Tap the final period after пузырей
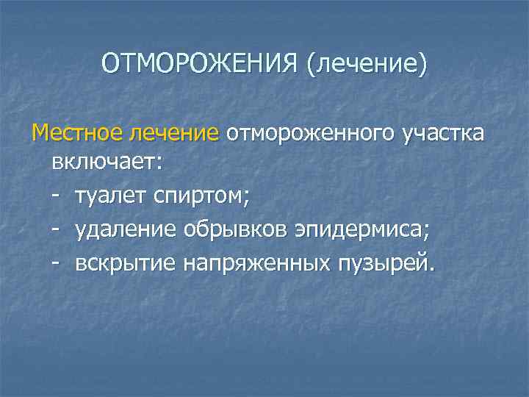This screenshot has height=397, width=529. coord(431,268)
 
